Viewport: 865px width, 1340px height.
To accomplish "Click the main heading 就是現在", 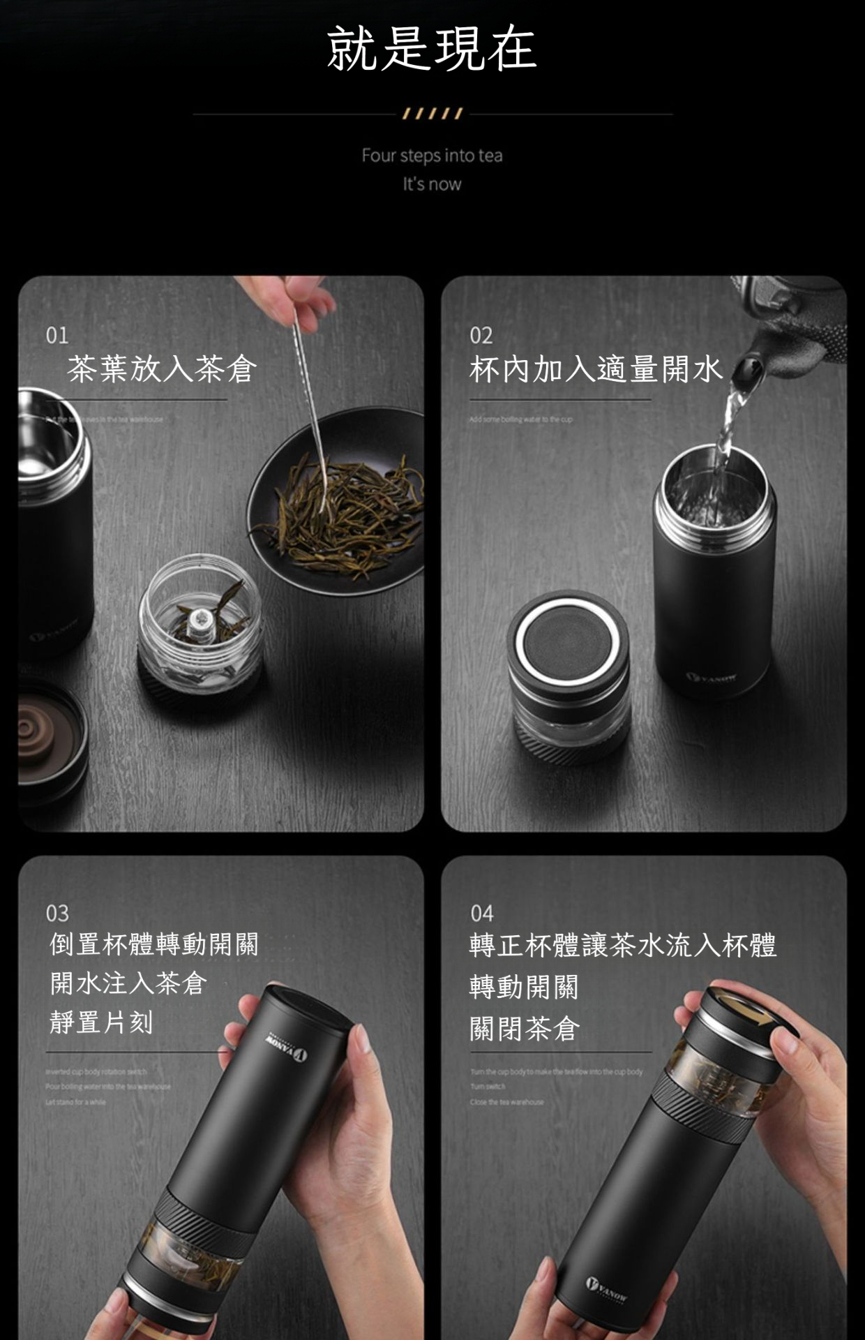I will point(432,49).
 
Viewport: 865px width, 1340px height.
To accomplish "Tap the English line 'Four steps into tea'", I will point(432,156).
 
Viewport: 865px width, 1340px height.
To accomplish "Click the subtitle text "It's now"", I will point(432,184).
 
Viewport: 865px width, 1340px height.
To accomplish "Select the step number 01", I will point(57,336).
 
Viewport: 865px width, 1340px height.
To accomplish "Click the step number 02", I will point(481,336).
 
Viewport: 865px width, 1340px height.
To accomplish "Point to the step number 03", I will point(58,914).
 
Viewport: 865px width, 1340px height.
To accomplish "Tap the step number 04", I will point(482,914).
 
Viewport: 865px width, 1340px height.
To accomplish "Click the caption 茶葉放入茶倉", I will point(162,369).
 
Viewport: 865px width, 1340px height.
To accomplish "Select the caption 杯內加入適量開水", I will point(595,369).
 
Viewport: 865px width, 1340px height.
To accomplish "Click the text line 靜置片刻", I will point(101,1022).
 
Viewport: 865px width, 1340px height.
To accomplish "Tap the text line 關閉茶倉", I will point(525,1029).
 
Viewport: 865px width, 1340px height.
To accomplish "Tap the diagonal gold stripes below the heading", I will point(432,114).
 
